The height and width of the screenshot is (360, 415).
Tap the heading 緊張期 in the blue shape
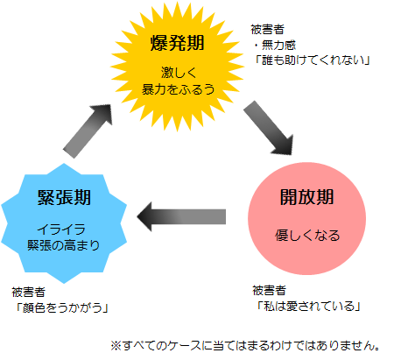[60, 197]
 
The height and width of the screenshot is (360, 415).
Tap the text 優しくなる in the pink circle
[303, 236]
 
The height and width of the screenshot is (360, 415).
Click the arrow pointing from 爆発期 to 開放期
[267, 126]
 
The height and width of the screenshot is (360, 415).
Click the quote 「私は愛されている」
[306, 306]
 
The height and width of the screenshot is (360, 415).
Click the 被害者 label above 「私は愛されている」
[268, 290]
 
